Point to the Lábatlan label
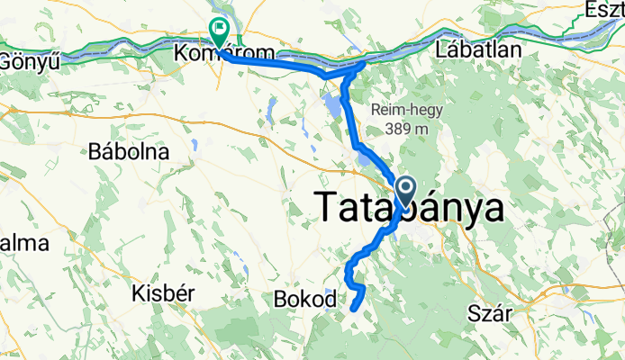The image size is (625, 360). point(478,49)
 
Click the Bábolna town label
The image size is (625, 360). point(130,152)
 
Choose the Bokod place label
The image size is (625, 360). point(304,299)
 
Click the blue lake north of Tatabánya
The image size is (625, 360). point(332,109)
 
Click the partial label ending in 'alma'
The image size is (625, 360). point(13,244)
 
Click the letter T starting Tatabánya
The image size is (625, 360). point(330,208)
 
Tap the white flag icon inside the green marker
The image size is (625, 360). point(219,28)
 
